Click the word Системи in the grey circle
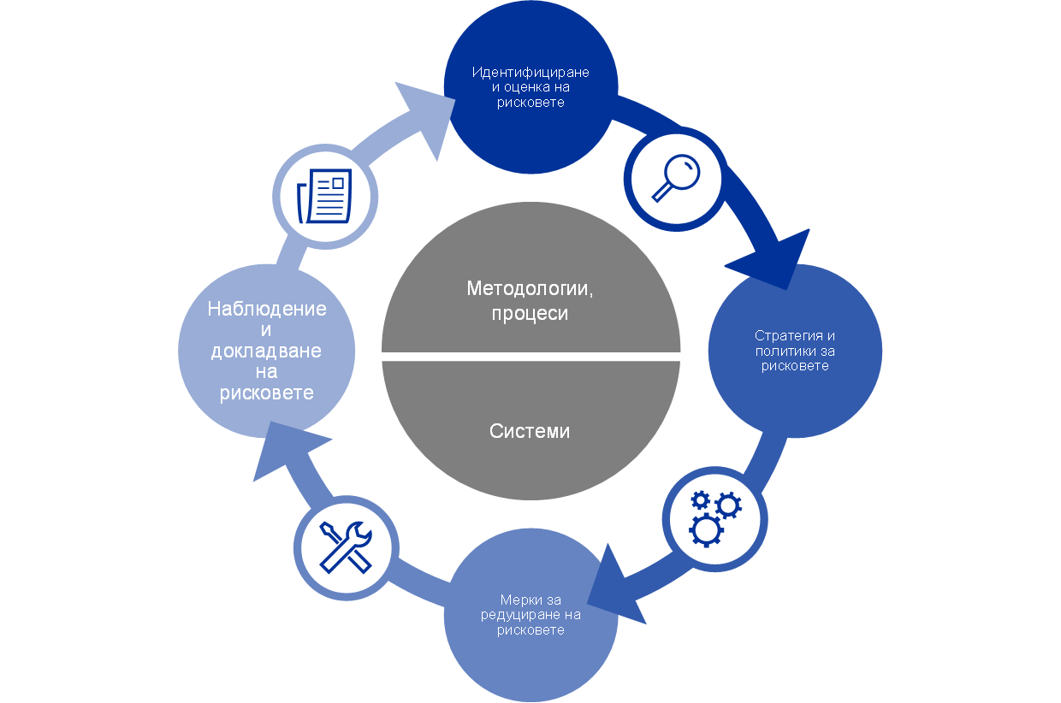click(x=530, y=431)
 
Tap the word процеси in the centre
click(x=530, y=314)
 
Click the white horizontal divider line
click(x=526, y=357)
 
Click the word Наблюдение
click(x=267, y=309)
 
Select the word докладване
click(x=267, y=351)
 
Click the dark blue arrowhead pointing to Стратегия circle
click(x=774, y=262)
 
